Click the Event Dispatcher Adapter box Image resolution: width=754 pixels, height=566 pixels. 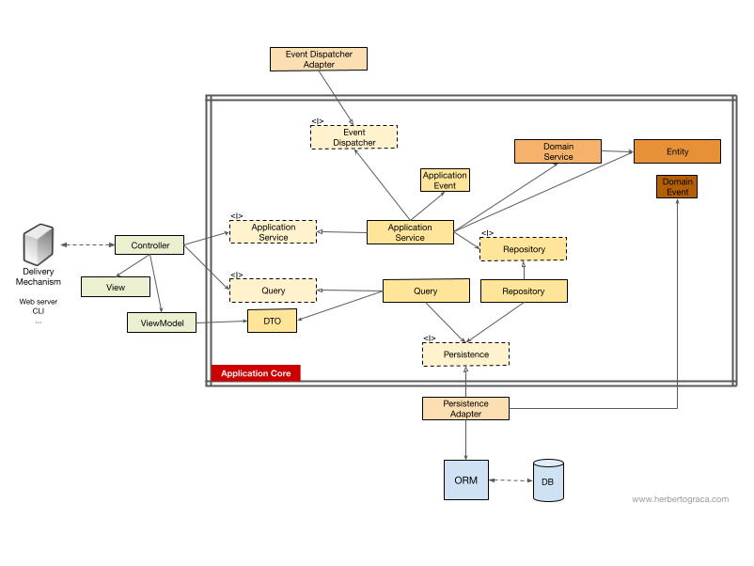319,59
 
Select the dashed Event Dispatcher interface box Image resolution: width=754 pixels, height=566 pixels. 353,137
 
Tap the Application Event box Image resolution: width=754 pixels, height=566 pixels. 445,180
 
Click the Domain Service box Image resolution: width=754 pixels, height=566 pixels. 558,151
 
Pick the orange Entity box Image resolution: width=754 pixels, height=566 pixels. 677,151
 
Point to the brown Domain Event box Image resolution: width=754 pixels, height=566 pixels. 677,186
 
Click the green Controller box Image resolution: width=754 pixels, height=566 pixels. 149,245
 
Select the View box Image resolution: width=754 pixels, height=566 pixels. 116,286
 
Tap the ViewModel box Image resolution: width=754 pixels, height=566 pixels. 162,322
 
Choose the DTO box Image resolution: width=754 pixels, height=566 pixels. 272,321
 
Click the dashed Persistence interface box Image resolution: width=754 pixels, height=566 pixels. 465,354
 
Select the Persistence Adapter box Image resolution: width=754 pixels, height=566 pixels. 465,408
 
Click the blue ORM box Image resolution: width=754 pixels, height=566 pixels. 465,480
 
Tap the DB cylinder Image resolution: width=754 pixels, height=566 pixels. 547,480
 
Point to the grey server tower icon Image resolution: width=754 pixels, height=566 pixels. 39,245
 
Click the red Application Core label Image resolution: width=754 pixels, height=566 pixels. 256,373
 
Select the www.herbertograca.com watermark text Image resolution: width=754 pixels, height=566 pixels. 680,499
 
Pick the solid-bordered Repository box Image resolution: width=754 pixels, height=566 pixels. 524,291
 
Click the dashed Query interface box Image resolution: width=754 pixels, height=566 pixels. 274,291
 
